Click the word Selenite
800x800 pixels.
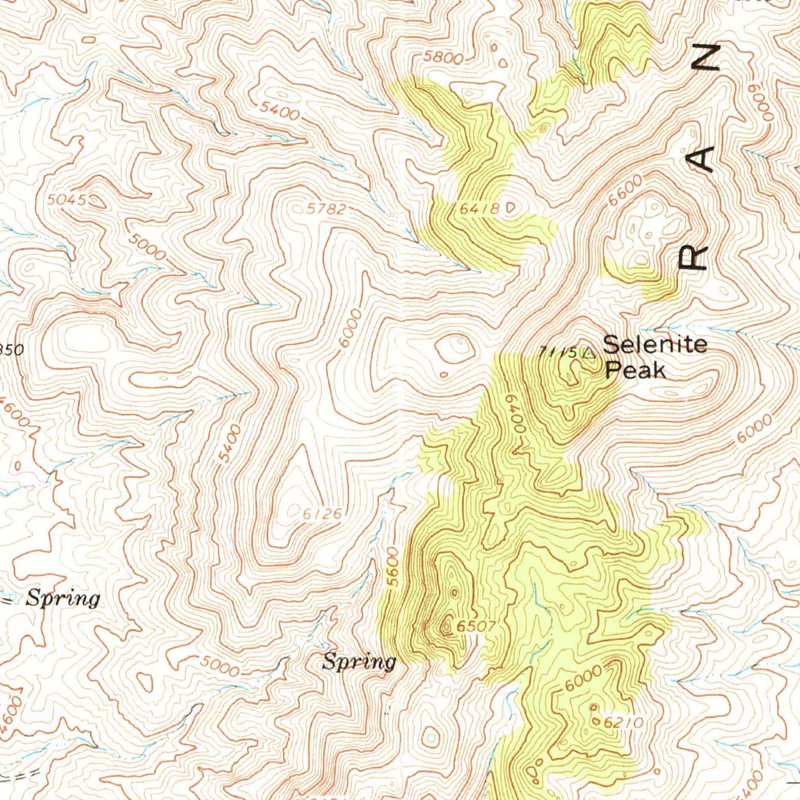point(655,344)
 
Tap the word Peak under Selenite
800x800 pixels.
point(636,369)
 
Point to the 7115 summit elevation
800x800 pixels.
point(560,352)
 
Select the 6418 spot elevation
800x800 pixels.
point(479,209)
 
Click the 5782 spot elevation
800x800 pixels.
point(326,209)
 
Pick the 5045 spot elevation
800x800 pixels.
point(66,200)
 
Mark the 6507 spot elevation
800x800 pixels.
point(476,626)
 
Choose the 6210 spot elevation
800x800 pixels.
point(623,723)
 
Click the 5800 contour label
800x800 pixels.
point(442,57)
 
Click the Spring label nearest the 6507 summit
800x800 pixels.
point(359,662)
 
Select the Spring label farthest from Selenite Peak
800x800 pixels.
point(63,599)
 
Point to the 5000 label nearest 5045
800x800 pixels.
point(148,251)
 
